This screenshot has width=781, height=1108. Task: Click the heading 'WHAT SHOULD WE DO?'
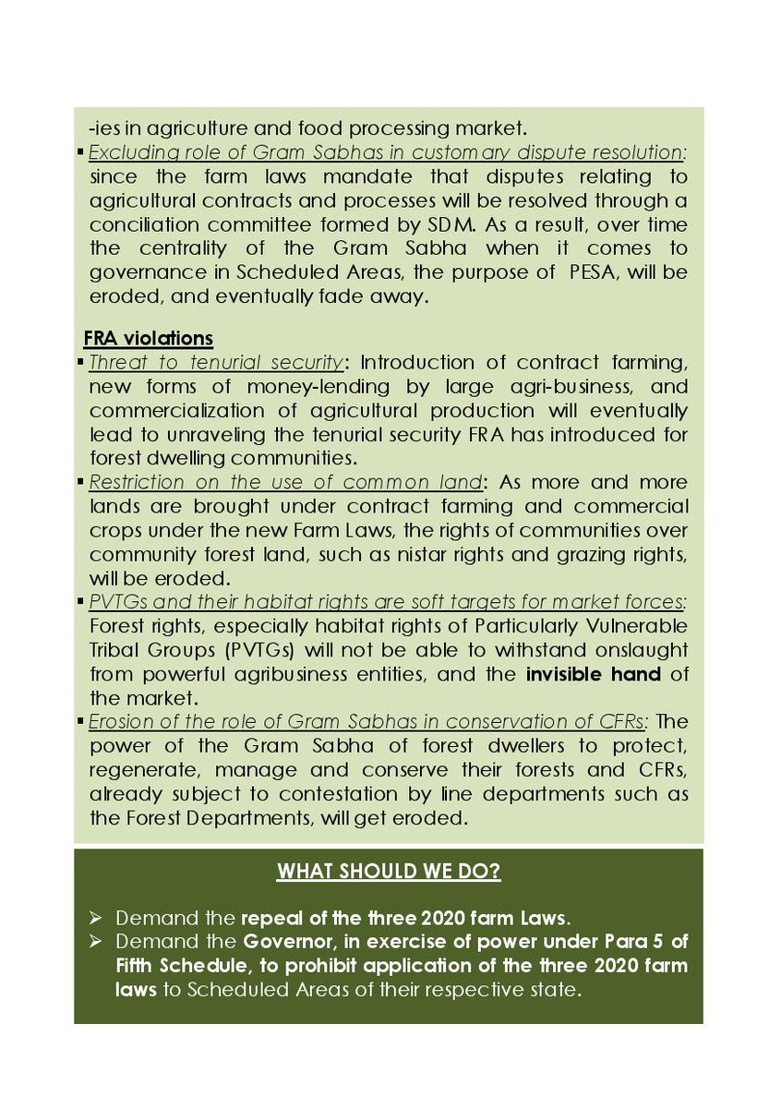pyautogui.click(x=389, y=871)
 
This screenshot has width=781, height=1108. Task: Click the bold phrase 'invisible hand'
pyautogui.click(x=594, y=674)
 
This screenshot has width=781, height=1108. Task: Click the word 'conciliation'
pyautogui.click(x=136, y=223)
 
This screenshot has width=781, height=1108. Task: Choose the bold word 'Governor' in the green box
pyautogui.click(x=286, y=943)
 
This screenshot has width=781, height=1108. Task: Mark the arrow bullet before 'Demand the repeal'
pyautogui.click(x=97, y=919)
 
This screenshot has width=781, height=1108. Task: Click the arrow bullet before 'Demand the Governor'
pyautogui.click(x=97, y=943)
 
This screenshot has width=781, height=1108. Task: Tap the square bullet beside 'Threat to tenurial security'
pyautogui.click(x=82, y=361)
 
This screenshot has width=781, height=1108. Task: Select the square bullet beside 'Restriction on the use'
pyautogui.click(x=82, y=482)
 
